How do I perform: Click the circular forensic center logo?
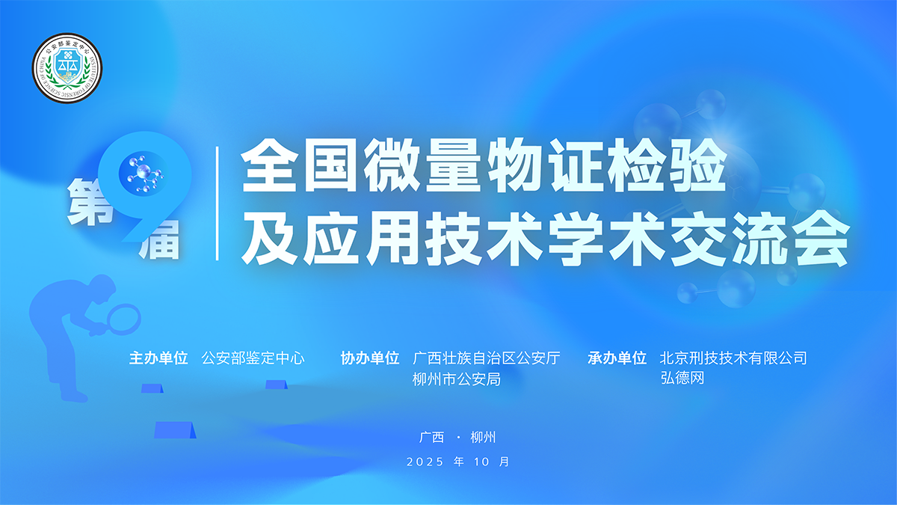67,69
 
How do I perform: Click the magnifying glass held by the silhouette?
121,319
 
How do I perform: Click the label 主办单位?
158,358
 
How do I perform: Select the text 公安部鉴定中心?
253,358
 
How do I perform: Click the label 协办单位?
370,358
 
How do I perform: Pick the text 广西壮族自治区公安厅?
487,358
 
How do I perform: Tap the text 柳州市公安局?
457,379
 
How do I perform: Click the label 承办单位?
617,358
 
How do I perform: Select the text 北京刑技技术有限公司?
733,358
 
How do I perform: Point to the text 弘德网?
682,379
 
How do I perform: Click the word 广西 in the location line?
432,438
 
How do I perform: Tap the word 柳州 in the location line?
484,438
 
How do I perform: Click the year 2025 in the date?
425,462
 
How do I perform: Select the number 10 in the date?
481,462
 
